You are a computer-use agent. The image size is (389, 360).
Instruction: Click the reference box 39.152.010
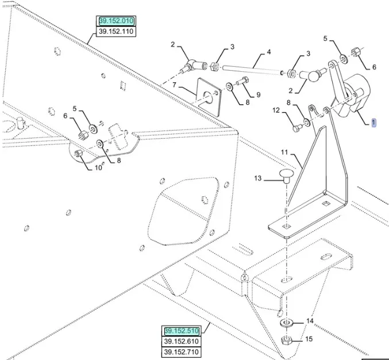click(116, 21)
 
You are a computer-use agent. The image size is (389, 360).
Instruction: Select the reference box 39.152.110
click(116, 31)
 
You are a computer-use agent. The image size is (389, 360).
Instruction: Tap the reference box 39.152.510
click(182, 331)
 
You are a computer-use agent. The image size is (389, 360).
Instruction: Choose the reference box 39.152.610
click(182, 342)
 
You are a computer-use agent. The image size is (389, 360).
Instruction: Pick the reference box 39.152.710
click(182, 352)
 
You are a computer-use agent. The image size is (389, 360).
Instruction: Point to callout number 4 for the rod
click(268, 52)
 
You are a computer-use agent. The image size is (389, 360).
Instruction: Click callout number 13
click(258, 179)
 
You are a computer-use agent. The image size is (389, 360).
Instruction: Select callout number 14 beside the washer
click(310, 321)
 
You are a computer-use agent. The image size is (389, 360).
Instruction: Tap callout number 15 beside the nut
click(310, 339)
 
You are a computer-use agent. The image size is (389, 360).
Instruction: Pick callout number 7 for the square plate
click(174, 85)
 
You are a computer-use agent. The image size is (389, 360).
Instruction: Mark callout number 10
click(98, 167)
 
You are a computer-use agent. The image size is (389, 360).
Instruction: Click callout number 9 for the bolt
click(258, 95)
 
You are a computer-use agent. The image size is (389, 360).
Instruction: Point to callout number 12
click(276, 110)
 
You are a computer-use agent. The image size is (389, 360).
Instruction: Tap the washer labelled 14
click(286, 321)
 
